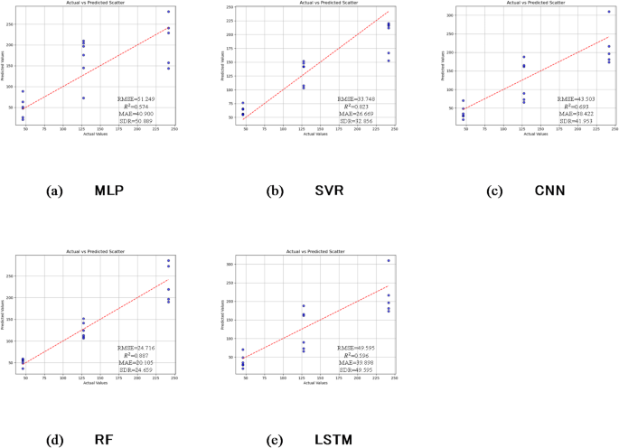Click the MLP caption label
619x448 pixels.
click(108, 191)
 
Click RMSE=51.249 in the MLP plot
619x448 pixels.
click(136, 98)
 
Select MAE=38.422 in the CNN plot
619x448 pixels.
click(576, 113)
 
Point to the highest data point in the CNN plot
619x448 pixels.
click(609, 12)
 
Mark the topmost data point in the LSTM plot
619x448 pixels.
click(389, 260)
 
